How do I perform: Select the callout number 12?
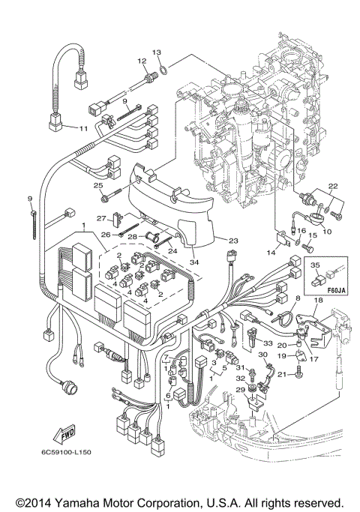pos(141,60)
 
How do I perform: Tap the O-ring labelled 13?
pos(164,72)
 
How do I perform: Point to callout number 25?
pos(97,186)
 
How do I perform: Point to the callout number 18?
pos(318,301)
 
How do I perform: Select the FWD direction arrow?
pos(44,434)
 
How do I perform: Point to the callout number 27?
pos(101,219)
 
